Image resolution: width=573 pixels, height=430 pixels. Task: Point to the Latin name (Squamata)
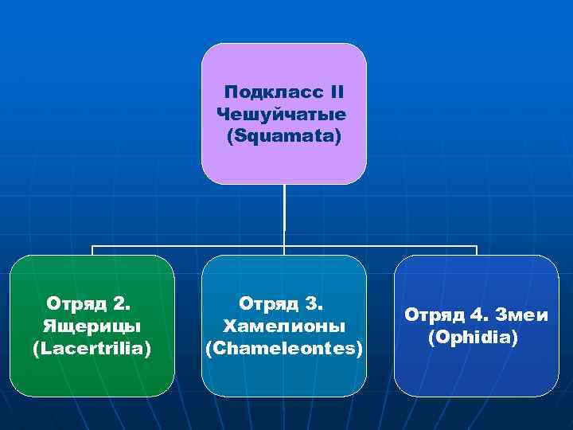pyautogui.click(x=283, y=136)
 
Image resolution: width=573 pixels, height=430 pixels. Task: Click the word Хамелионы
pyautogui.click(x=284, y=326)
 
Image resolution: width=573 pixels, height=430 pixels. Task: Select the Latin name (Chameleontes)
pyautogui.click(x=284, y=349)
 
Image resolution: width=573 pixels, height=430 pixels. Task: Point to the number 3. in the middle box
pyautogui.click(x=314, y=303)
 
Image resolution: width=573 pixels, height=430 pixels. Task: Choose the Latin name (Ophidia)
pyautogui.click(x=473, y=338)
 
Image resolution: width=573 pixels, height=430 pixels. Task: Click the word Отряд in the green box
pyautogui.click(x=74, y=303)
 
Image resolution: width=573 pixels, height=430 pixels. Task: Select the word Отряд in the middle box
pyautogui.click(x=267, y=303)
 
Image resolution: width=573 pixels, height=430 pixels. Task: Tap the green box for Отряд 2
pyautogui.click(x=92, y=374)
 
